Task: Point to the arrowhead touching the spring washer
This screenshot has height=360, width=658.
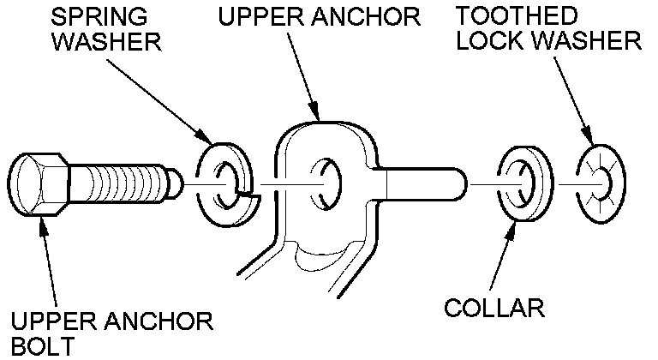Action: point(208,138)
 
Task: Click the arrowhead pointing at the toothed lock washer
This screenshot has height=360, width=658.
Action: point(590,137)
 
